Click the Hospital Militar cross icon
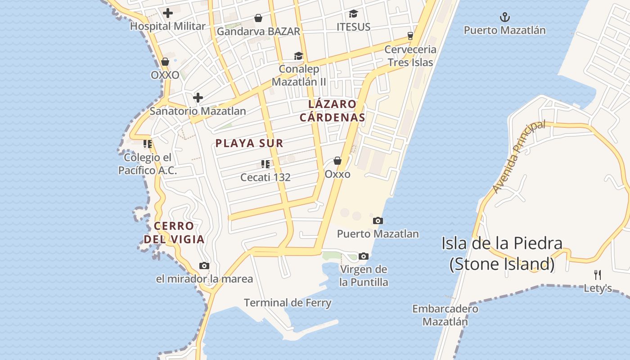[x=168, y=13]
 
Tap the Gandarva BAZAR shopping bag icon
[x=258, y=18]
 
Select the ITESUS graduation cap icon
[x=353, y=14]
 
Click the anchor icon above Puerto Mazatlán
[x=505, y=18]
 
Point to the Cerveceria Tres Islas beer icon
[x=410, y=36]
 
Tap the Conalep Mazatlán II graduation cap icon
[x=298, y=56]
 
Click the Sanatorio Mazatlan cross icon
[x=198, y=98]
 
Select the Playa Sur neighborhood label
[x=249, y=144]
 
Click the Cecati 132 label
[x=265, y=177]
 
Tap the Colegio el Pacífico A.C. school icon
[x=147, y=144]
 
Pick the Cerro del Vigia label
[x=174, y=233]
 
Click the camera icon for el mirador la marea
[x=204, y=266]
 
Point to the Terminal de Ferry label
[x=288, y=303]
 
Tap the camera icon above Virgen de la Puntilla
[x=364, y=256]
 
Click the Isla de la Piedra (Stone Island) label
[x=502, y=253]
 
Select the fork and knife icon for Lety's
[x=598, y=274]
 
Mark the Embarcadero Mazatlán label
[x=445, y=315]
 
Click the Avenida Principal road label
[x=519, y=157]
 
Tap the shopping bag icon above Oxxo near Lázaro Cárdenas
[x=337, y=161]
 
